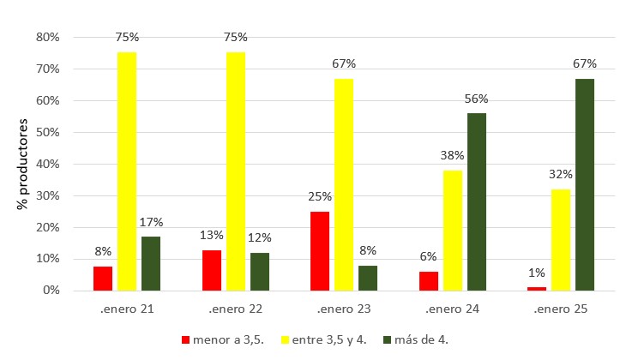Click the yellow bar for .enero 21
pyautogui.click(x=126, y=171)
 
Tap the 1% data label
pyautogui.click(x=536, y=273)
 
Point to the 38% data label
pyautogui.click(x=452, y=156)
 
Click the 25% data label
pyautogui.click(x=319, y=197)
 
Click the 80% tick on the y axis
pyautogui.click(x=47, y=38)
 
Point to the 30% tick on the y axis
pyautogui.click(x=47, y=195)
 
